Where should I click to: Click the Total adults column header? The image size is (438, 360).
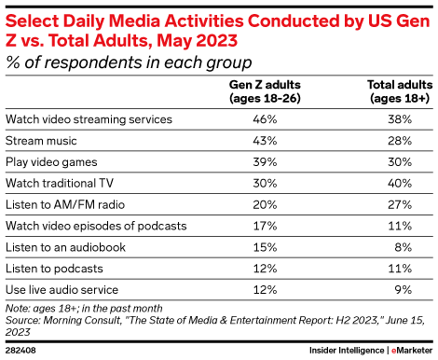pos(398,90)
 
